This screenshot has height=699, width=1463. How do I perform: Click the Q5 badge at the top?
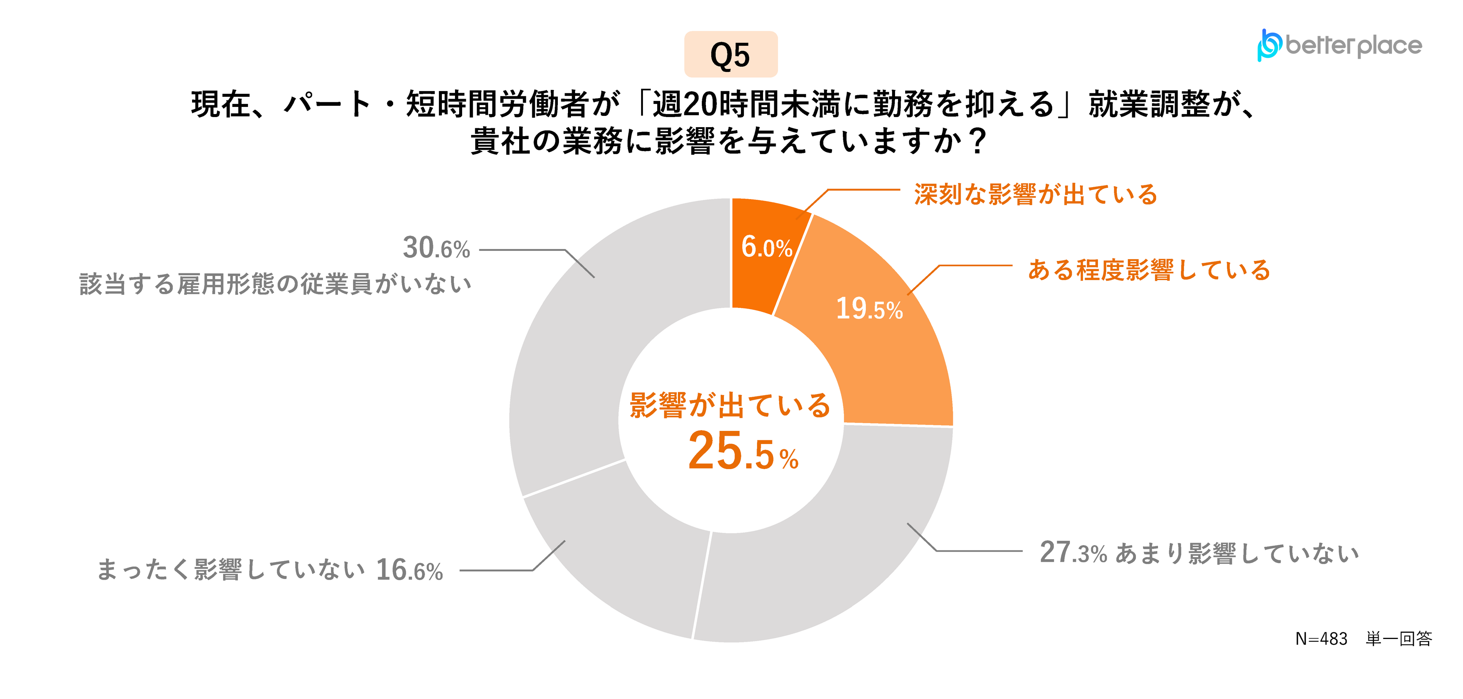[x=730, y=54]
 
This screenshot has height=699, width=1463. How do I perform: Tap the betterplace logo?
[x=1339, y=45]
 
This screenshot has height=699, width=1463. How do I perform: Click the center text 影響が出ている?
[x=730, y=405]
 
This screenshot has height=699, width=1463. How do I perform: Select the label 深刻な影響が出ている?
[x=1036, y=194]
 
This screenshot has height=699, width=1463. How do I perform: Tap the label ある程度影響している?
[x=1149, y=270]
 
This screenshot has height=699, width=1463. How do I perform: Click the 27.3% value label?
[x=1073, y=552]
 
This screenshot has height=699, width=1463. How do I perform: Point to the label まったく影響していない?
[x=231, y=570]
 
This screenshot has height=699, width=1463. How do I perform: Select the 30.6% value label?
[x=436, y=248]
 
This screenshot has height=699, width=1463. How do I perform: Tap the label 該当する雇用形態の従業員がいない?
[x=275, y=284]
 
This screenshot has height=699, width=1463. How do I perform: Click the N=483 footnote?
[x=1321, y=639]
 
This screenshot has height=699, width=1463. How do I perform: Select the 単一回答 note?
[x=1399, y=639]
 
